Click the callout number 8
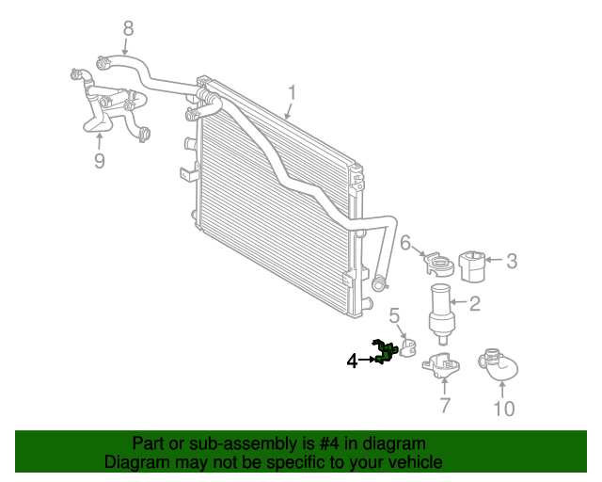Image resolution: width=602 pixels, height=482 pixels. coord(128,29)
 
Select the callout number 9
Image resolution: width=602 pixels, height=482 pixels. coord(100,161)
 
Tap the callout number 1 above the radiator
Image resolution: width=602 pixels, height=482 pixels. coord(293,93)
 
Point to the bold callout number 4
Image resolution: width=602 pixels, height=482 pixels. coord(352,361)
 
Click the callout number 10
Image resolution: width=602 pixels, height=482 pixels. coord(504,409)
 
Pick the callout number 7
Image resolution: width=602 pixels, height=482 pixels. coord(445,405)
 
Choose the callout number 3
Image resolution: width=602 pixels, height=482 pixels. coord(512,261)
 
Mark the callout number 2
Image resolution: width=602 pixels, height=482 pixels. coord(475,304)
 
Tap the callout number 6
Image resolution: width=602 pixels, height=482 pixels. coord(405,243)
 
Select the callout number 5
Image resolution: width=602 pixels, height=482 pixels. coord(394,316)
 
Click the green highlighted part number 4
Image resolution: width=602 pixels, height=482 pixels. coord(384,351)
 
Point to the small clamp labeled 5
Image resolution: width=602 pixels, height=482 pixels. coord(407,348)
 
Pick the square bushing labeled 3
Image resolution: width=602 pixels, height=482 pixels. coord(472,266)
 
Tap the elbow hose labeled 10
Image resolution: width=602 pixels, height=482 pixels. coord(499,364)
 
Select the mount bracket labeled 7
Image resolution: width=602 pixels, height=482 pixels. coord(441,365)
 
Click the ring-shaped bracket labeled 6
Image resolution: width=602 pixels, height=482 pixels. coord(439,264)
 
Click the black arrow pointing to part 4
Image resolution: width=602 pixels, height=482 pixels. coord(366,360)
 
